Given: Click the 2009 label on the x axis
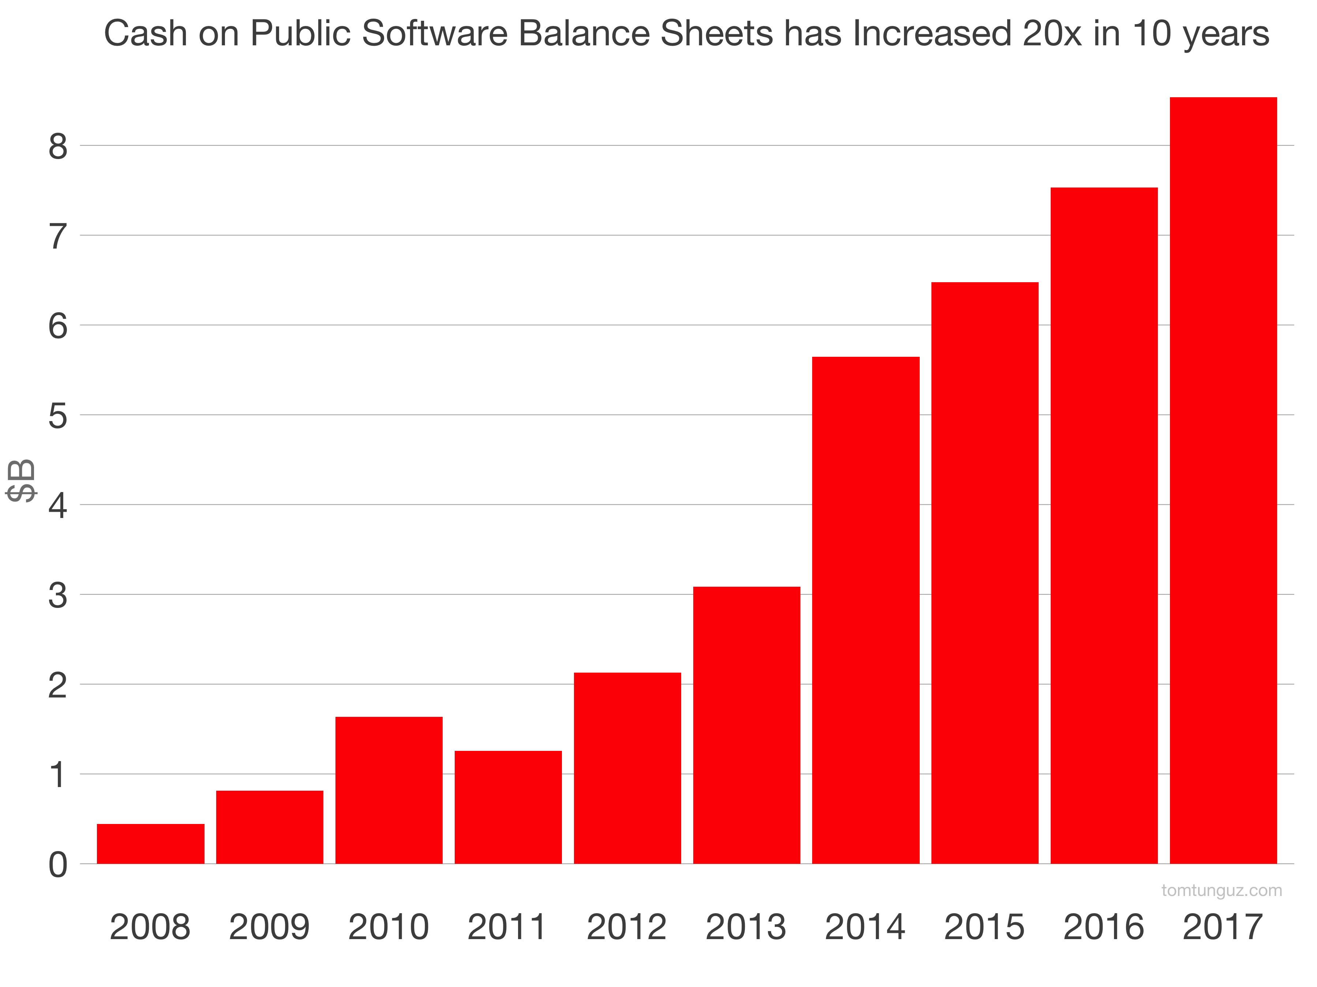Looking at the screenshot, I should pos(269,927).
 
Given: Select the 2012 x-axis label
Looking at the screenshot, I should pos(626,927).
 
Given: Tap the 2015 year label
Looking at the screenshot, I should pos(984,927).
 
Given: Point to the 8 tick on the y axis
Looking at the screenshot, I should pos(58,146).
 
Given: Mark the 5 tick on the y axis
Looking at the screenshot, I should pos(58,416).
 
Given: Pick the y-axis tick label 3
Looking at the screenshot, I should pos(58,595).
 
